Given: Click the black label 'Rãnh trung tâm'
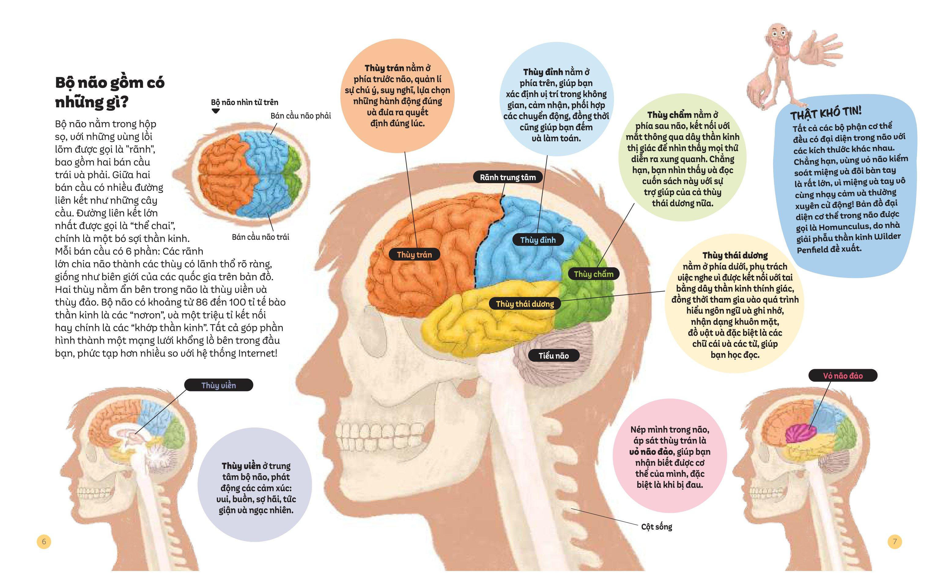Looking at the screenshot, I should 508,177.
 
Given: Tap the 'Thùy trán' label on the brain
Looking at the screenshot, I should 414,254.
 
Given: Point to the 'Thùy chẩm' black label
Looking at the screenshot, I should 593,274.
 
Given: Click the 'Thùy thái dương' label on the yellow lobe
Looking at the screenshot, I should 525,304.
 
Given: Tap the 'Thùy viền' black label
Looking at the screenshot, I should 219,385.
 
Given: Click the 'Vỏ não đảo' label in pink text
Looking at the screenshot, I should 843,376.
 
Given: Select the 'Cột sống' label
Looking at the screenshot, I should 656,527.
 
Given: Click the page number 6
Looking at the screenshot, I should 44,542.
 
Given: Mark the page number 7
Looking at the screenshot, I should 895,542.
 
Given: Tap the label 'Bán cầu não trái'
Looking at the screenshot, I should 260,237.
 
